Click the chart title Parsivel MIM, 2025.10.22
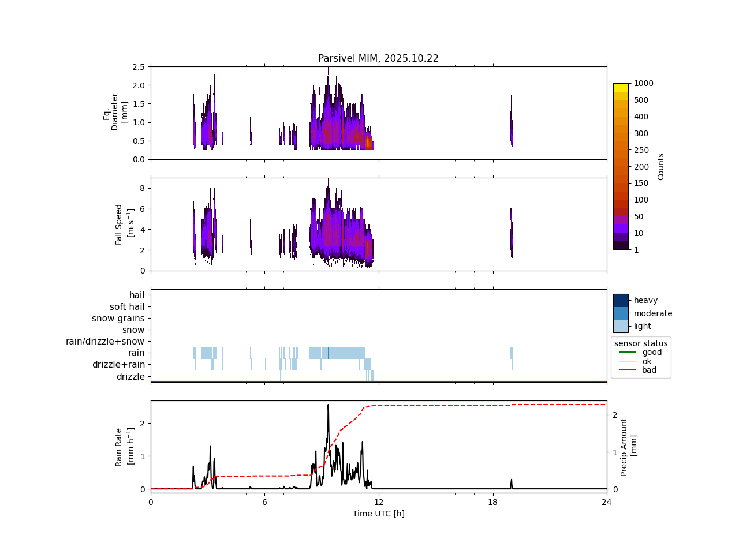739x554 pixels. pos(378,58)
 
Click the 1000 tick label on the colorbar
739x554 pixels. pos(643,83)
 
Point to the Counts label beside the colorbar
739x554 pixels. pos(661,166)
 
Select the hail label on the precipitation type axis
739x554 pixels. pos(137,295)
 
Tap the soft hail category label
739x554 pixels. pos(127,307)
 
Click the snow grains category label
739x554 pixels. pos(118,319)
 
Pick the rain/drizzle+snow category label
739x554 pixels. pos(105,342)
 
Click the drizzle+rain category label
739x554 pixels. pos(118,365)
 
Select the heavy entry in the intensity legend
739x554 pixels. pos(645,300)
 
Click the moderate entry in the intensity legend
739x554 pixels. pos(653,313)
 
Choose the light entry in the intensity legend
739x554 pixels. pos(643,326)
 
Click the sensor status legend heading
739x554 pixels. pos(641,343)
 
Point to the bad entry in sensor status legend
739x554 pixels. pos(649,370)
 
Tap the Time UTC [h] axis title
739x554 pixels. pos(378,514)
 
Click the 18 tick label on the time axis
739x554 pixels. pos(492,502)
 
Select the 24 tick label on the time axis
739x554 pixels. pos(606,502)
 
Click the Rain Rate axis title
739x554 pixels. pos(123,447)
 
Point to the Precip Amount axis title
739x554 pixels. pos(629,447)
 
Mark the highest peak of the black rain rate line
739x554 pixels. pos(328,405)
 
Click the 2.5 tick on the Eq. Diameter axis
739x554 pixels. pos(139,67)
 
